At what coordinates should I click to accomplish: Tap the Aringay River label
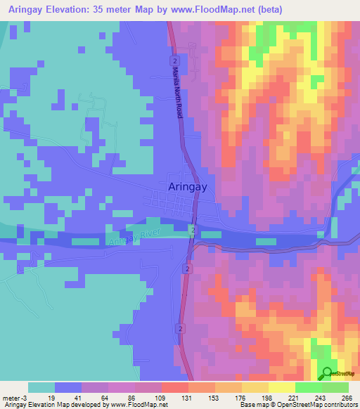135,237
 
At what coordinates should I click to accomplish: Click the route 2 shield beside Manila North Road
172,62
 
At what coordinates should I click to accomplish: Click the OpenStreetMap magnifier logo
326,373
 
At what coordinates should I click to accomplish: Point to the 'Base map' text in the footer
255,405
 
